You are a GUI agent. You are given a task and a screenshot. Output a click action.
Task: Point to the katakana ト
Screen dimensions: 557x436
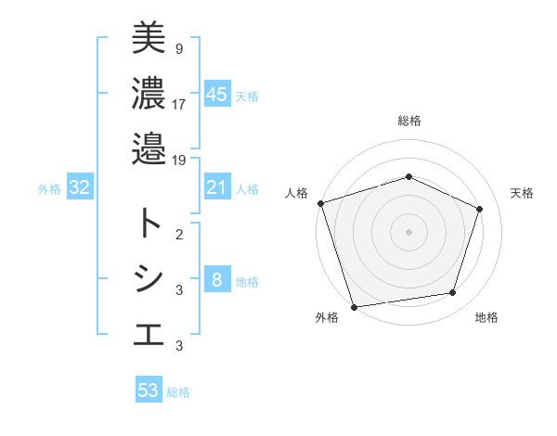[149, 223]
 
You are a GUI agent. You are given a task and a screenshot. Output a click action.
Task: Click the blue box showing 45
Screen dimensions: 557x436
[216, 95]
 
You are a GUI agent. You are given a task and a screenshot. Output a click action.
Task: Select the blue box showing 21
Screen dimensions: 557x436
[216, 188]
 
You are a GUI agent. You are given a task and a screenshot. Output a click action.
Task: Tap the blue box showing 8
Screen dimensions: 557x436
[216, 281]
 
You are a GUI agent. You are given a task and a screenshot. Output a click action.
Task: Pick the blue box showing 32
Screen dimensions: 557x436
[79, 188]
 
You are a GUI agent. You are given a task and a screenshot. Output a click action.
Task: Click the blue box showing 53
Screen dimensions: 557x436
[149, 391]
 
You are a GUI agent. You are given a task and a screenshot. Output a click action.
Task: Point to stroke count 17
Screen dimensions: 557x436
[179, 104]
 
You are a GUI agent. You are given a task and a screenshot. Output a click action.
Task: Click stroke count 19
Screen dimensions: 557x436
[179, 160]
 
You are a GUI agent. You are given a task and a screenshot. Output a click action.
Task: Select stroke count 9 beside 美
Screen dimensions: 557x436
[179, 47]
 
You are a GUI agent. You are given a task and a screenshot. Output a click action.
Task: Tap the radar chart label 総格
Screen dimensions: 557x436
[408, 121]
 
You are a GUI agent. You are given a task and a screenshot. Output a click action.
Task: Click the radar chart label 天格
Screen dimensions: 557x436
[522, 193]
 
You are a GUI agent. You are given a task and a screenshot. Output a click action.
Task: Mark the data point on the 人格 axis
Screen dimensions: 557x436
[320, 203]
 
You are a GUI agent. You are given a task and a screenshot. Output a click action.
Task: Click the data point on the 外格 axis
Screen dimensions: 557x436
[355, 306]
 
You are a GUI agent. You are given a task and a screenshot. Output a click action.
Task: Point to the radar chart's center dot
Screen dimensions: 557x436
[408, 231]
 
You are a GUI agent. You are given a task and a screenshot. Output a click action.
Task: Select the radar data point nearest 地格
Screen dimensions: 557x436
[453, 293]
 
